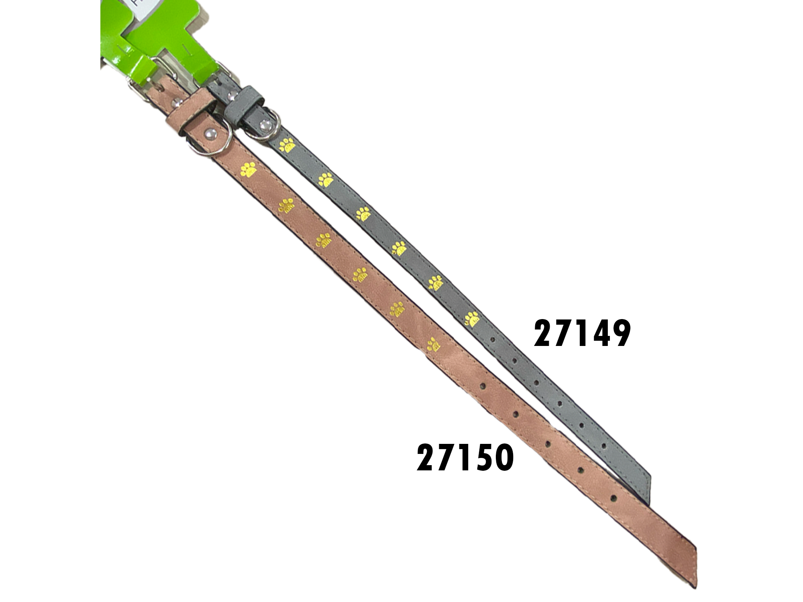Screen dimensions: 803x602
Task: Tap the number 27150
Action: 465,458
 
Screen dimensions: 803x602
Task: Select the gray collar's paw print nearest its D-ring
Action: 287,145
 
